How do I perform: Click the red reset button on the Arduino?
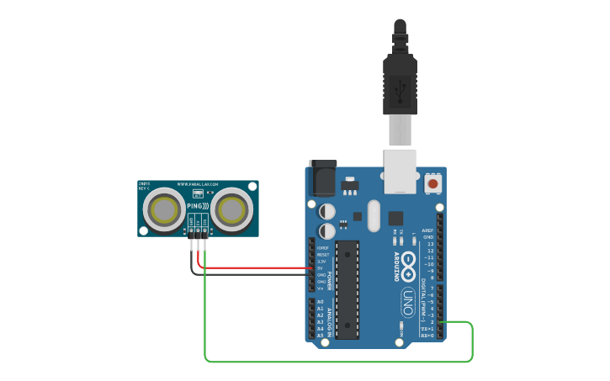coord(432,183)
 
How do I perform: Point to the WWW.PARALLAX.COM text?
coord(198,184)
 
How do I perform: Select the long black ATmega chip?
coord(347,288)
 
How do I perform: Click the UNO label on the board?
coord(406,299)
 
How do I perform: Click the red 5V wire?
coord(252,268)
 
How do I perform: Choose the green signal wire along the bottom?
coord(337,362)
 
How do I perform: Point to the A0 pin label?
coord(320,301)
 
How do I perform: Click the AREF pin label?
coord(428,230)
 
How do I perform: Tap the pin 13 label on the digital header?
coord(430,244)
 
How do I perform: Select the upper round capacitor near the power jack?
coord(327,210)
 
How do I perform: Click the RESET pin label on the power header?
coord(322,254)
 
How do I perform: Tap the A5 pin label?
coord(320,335)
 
